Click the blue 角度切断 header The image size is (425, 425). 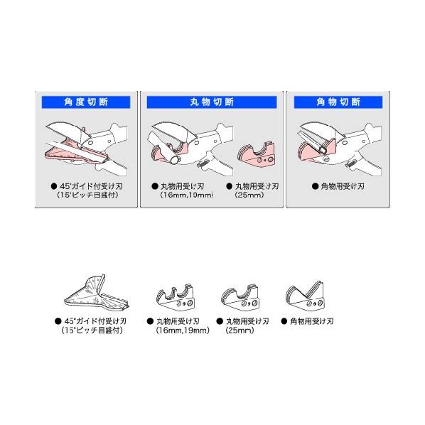(86, 102)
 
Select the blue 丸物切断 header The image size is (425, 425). (210, 102)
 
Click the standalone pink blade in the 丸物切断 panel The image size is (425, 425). (257, 154)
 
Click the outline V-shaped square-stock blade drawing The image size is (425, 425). (306, 296)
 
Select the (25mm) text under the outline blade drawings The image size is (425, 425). (239, 330)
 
